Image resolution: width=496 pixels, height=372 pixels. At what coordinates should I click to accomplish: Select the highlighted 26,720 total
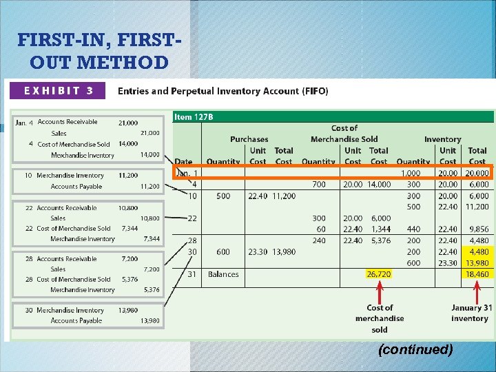[x=379, y=274]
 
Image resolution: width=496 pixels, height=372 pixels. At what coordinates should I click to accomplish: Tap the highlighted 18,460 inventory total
[x=477, y=274]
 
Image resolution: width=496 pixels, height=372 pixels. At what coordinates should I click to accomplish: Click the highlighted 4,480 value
[x=478, y=252]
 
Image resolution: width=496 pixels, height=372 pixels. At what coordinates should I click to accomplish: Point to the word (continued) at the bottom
[x=415, y=350]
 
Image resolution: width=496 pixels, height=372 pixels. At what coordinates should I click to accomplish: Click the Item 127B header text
[x=194, y=117]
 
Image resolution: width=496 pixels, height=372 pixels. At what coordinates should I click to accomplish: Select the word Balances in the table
[x=223, y=274]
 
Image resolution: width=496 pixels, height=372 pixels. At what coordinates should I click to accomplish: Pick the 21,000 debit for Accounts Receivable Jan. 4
[x=127, y=123]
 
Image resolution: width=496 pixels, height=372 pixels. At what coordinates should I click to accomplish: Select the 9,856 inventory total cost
[x=477, y=229]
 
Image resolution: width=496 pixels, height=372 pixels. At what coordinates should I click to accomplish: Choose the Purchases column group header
[x=249, y=139]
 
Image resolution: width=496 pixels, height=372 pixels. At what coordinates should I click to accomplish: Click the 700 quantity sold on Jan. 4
[x=319, y=185]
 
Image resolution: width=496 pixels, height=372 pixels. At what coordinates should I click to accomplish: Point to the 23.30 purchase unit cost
[x=258, y=252]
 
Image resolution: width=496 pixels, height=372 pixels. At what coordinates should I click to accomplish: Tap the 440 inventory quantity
[x=413, y=229]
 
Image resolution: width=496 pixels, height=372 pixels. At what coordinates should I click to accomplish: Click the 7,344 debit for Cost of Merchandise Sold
[x=129, y=228]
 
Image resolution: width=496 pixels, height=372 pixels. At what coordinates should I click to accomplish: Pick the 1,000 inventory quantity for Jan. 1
[x=411, y=174]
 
